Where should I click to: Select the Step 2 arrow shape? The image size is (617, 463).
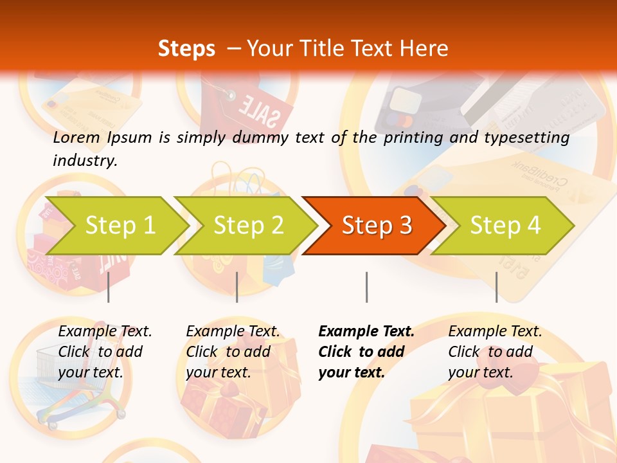(247, 226)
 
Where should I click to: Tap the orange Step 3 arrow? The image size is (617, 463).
(375, 226)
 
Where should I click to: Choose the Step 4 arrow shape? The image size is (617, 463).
(504, 226)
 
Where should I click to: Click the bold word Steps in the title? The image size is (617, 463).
(186, 49)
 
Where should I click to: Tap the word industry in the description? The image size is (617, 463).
(84, 160)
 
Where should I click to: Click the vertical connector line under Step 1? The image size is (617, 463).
(109, 287)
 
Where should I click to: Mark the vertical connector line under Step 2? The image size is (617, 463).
(237, 287)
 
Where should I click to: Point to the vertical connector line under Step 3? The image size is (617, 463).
(366, 287)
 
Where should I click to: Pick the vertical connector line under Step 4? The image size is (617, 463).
(496, 287)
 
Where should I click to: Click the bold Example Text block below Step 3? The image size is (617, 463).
(366, 352)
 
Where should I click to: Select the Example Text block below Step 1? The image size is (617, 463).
(105, 352)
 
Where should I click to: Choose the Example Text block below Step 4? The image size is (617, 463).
(495, 352)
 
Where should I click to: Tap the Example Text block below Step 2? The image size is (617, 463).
(233, 352)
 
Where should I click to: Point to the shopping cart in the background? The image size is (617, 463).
(71, 386)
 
